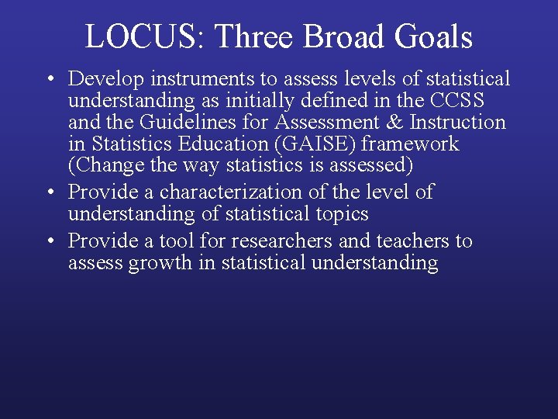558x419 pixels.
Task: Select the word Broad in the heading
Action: (x=342, y=36)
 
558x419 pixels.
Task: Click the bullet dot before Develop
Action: (x=49, y=79)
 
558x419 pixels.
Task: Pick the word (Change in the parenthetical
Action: (x=103, y=166)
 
